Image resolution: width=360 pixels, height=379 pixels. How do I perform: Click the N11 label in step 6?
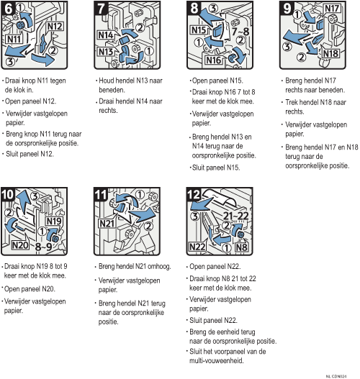pos(14,39)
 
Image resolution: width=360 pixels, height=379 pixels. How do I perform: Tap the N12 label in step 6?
pos(55,26)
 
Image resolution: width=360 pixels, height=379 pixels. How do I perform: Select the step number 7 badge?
pos(101,8)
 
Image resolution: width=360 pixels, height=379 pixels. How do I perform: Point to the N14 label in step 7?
pos(106,35)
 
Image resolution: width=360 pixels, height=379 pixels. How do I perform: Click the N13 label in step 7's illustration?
pos(106,52)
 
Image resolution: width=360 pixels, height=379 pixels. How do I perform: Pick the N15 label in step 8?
pos(199,30)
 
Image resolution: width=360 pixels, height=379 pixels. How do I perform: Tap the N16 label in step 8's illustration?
pos(214,60)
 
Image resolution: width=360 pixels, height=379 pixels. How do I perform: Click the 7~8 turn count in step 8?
pos(240,32)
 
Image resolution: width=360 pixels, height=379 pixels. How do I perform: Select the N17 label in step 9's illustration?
pos(333,8)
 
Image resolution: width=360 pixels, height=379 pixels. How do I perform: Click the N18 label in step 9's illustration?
pos(330,53)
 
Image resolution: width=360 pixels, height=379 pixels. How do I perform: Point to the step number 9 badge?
pos(287,8)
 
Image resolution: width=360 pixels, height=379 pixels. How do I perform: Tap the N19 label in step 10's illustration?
pos(54,222)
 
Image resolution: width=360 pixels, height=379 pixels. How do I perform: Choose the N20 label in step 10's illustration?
pos(20,245)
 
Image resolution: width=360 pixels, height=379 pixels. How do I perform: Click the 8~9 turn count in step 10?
pos(43,247)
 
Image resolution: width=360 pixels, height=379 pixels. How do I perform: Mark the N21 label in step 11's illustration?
pos(107,224)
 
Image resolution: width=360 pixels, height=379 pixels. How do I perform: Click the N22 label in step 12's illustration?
pos(197,247)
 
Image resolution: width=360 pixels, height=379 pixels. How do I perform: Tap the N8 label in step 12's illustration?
pos(241,247)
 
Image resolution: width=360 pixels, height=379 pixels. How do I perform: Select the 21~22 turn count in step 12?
pos(235,216)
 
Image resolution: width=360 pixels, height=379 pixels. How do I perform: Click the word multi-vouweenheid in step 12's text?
pos(216,360)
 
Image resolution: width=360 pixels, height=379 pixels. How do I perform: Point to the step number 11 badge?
pos(101,195)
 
